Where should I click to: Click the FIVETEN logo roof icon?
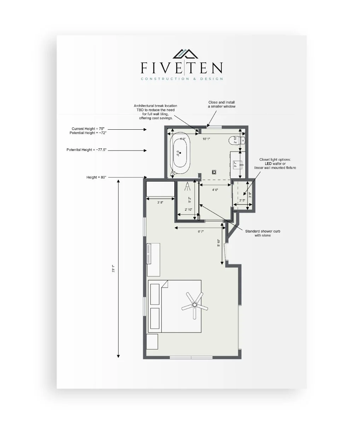(185, 54)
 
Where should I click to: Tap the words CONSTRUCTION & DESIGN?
(182, 79)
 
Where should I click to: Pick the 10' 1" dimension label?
(206, 139)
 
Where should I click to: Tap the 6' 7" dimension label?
(201, 231)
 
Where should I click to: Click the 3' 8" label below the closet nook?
(160, 203)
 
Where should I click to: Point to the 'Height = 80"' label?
(96, 177)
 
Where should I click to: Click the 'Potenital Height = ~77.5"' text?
(86, 150)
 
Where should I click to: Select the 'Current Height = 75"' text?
(88, 129)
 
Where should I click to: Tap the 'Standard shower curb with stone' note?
(263, 233)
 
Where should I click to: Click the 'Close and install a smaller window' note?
(221, 104)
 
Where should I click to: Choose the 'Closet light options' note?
(275, 163)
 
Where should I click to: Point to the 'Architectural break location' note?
(155, 112)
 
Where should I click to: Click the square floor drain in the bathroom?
(214, 172)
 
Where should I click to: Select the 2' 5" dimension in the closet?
(242, 200)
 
